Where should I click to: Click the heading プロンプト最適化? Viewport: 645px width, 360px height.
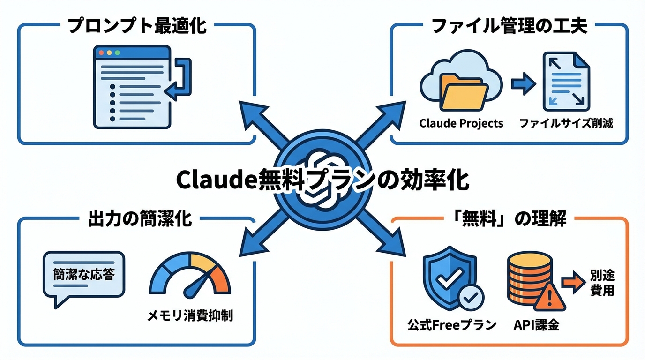coord(137,26)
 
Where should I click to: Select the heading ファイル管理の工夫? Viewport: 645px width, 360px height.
coord(509,26)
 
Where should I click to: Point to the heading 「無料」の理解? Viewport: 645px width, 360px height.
coord(509,219)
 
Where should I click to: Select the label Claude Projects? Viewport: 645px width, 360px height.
coord(461,123)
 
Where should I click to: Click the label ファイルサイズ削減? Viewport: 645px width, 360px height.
coord(566,123)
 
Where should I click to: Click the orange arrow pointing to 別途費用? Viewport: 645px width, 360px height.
coord(571,283)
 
